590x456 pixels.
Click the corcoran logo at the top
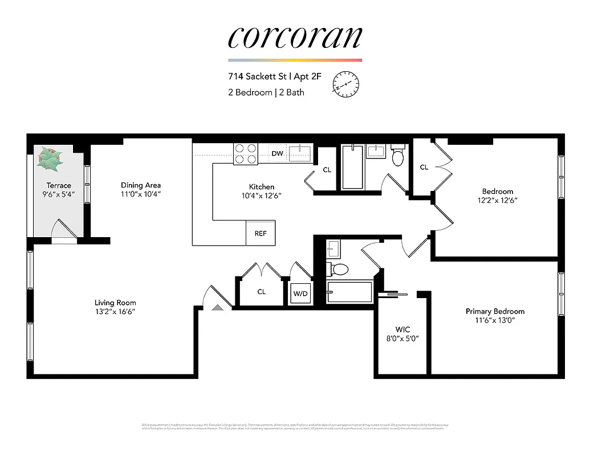295,37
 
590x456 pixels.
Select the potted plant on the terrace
51,159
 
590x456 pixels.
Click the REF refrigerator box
261,233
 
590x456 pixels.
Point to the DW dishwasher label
277,154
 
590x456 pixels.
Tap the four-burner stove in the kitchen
246,154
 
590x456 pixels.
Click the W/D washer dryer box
300,294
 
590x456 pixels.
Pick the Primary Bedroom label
495,311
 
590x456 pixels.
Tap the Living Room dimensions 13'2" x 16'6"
115,312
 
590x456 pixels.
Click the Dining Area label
141,185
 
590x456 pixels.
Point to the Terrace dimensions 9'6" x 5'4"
59,194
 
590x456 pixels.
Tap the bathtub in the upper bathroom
352,167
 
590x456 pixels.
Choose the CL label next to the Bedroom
424,167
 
